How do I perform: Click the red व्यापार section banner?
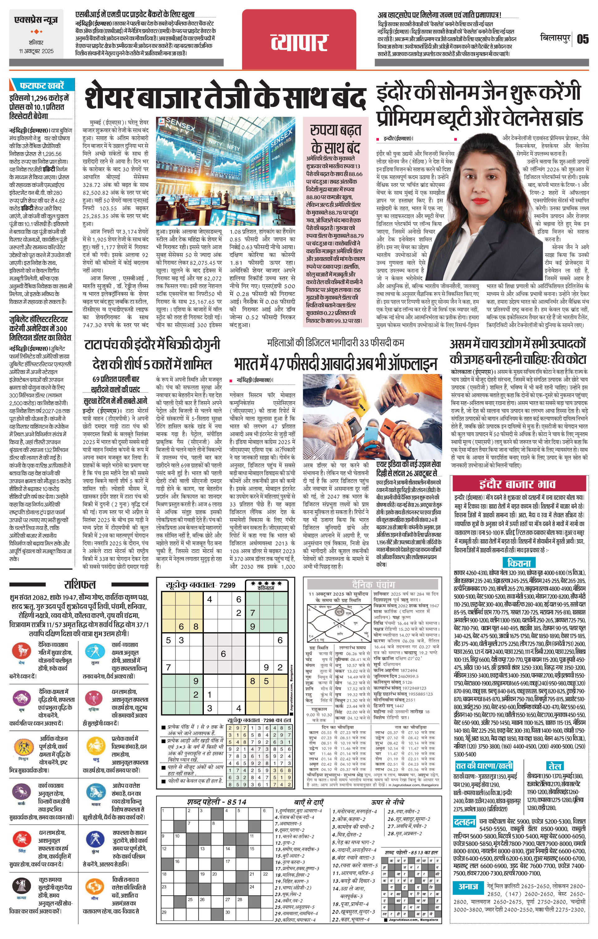[x=299, y=40]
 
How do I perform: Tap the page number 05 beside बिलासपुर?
[x=582, y=39]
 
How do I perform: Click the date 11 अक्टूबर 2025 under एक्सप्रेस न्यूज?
[x=36, y=51]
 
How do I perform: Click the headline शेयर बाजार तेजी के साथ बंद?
[x=225, y=95]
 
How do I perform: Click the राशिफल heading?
[x=79, y=584]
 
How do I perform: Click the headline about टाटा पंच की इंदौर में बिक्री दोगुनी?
[x=152, y=345]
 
